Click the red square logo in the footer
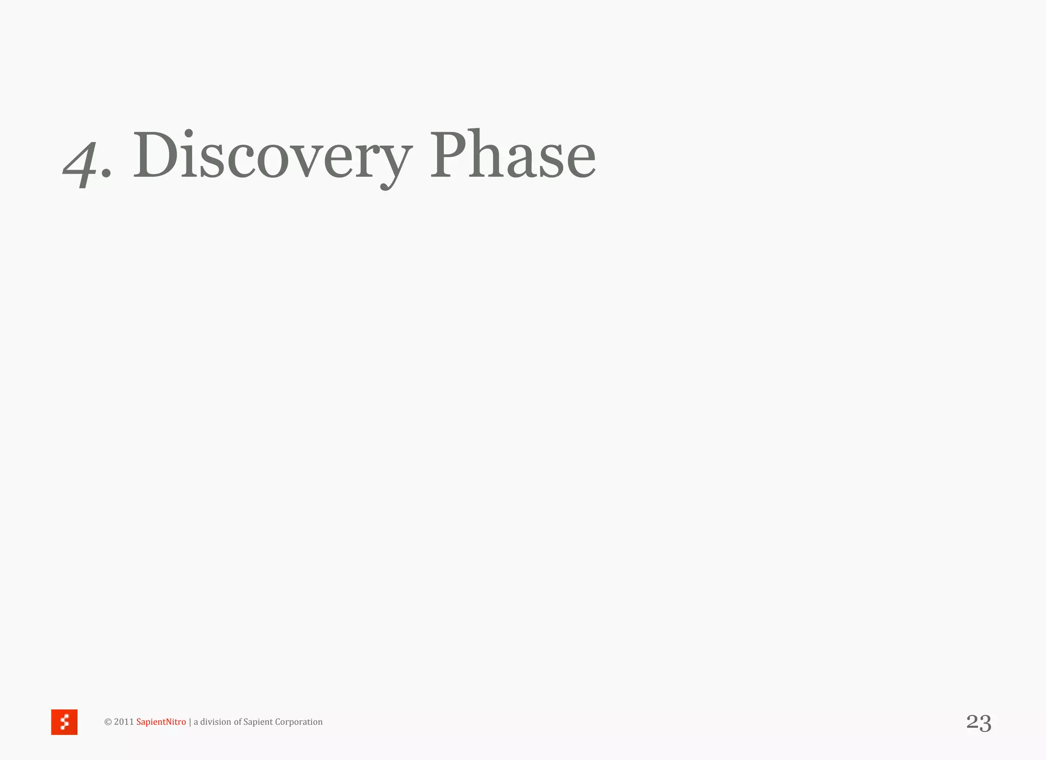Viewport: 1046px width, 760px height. click(64, 722)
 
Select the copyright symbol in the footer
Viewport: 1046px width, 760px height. click(108, 722)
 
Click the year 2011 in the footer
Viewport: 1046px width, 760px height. click(124, 722)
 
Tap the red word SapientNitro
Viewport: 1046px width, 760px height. click(161, 722)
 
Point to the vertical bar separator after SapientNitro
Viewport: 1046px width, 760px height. click(190, 722)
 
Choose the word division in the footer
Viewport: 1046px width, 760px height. click(216, 722)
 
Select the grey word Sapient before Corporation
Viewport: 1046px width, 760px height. click(258, 722)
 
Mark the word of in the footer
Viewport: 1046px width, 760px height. click(237, 722)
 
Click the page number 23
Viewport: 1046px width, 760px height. click(979, 723)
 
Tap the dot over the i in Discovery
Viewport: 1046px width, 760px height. click(188, 134)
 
